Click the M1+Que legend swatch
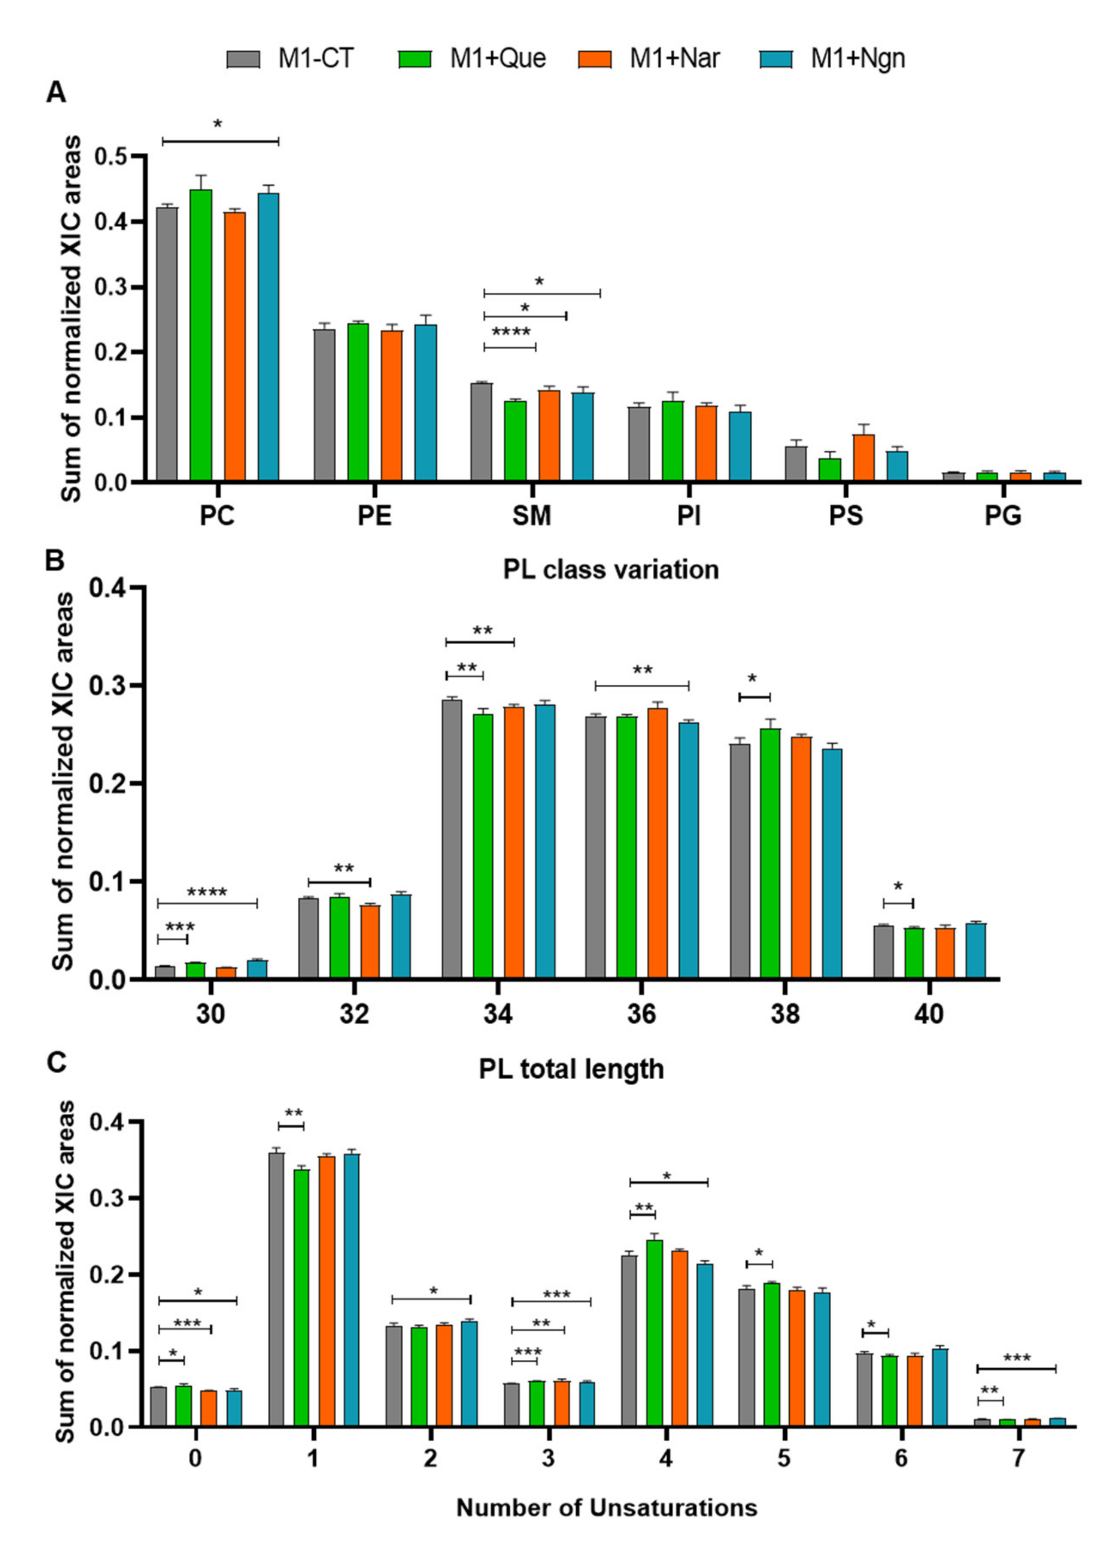(414, 59)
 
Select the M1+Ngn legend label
(857, 59)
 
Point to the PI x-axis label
(689, 516)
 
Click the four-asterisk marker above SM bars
(511, 332)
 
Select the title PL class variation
(610, 569)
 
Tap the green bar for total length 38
(770, 853)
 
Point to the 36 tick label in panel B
(642, 1014)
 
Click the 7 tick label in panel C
(1018, 1458)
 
